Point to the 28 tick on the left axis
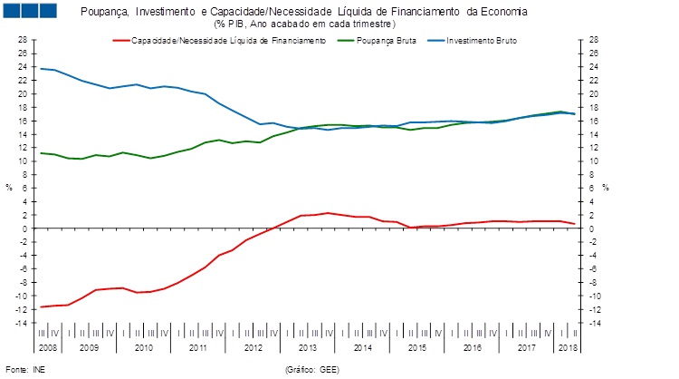click(24, 40)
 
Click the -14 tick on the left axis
click(23, 323)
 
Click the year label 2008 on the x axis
click(48, 347)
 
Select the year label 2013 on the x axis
click(307, 347)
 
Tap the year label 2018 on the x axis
click(567, 347)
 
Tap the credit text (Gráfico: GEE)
click(311, 369)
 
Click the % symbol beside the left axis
click(9, 188)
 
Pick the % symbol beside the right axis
click(606, 188)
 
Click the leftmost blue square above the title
click(14, 11)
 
